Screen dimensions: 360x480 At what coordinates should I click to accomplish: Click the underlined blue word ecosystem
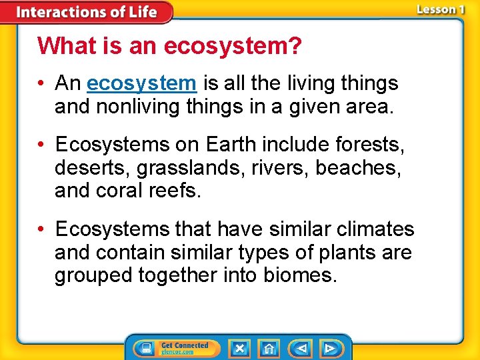tap(141, 83)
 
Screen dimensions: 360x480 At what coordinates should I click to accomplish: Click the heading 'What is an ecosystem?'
tap(169, 46)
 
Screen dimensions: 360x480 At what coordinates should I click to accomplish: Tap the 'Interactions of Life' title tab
tap(87, 12)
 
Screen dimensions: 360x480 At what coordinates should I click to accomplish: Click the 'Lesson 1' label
tap(440, 10)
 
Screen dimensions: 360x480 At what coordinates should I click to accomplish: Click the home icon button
tap(269, 349)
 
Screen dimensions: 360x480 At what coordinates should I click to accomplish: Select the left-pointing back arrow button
tap(301, 349)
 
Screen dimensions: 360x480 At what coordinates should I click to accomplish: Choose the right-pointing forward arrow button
tap(329, 349)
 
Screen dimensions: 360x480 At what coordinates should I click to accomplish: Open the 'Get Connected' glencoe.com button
tap(185, 349)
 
